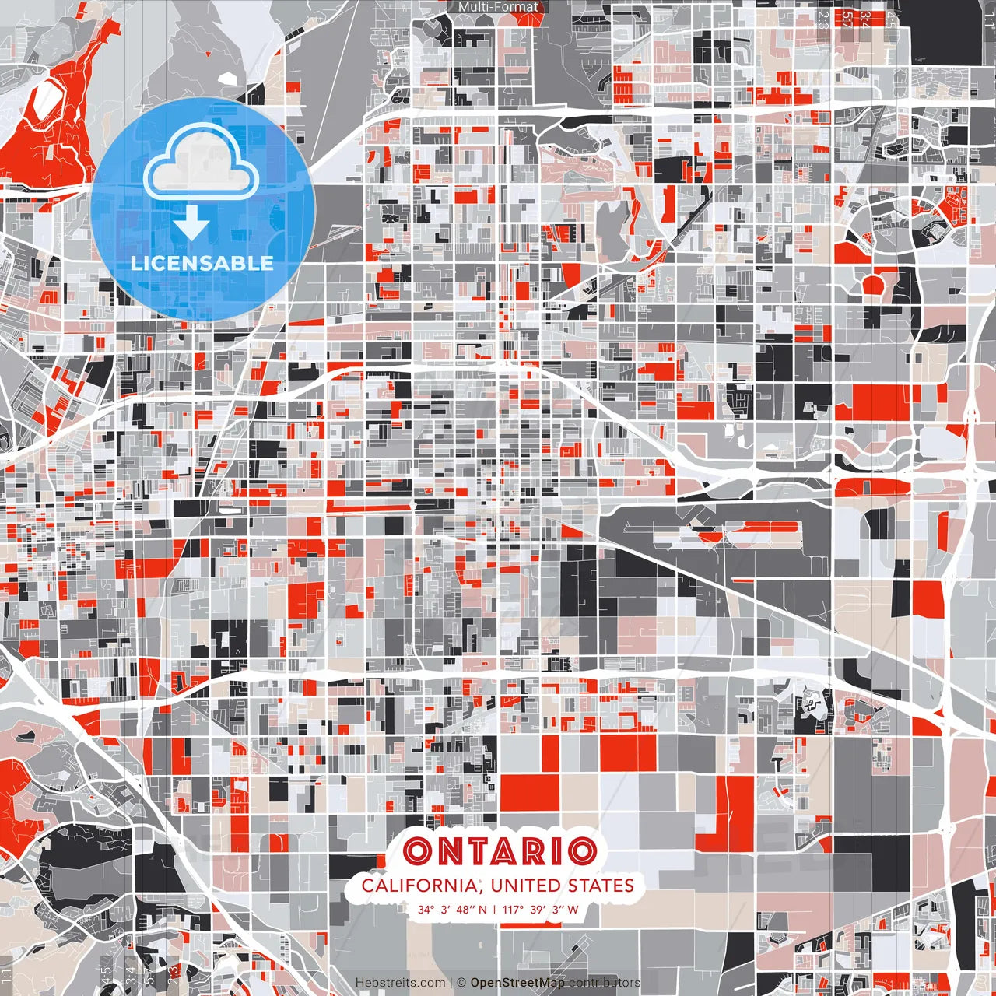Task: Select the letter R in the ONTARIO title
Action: [535, 851]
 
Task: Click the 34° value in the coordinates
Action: [426, 910]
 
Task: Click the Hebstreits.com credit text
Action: [401, 983]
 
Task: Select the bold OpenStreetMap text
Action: [517, 983]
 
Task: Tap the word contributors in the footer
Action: [604, 983]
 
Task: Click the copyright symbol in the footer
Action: [461, 983]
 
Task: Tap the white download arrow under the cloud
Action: [191, 226]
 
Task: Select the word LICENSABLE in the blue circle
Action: [202, 263]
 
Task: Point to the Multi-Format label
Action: [498, 7]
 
